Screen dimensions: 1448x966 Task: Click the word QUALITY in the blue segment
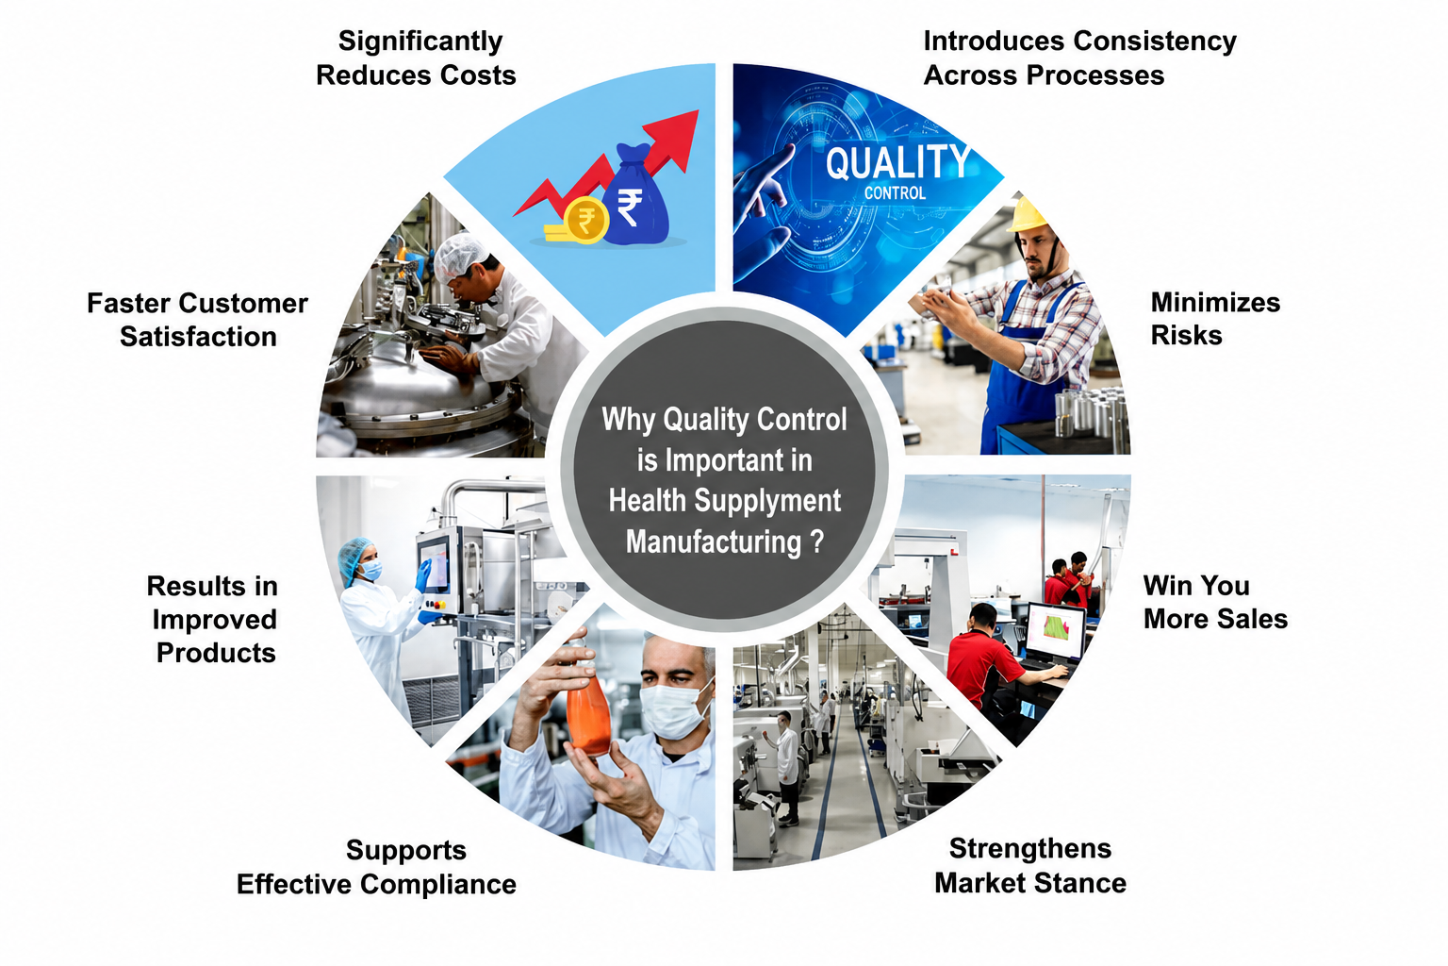coord(897,161)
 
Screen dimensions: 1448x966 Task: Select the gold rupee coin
coord(585,220)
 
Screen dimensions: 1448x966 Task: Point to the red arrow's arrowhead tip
coord(699,110)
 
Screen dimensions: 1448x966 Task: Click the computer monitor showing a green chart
coord(1055,631)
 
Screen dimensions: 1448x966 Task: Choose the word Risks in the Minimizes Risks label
coord(1186,336)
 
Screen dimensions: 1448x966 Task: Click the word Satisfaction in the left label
coord(199,337)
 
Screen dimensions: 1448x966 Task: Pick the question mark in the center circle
coord(817,541)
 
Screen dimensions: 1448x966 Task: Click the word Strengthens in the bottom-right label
coord(1030,849)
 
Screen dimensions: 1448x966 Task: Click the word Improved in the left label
coord(215,621)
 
